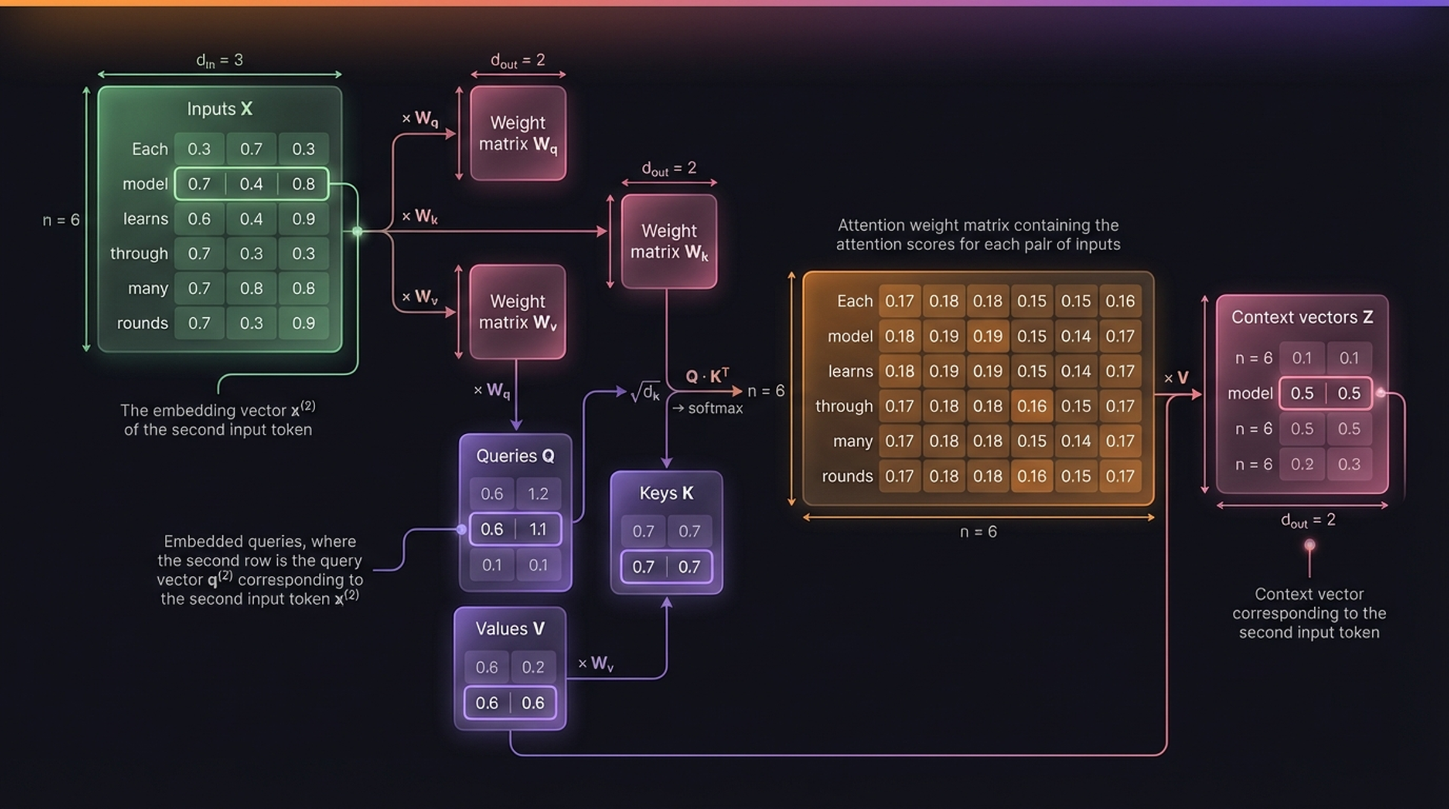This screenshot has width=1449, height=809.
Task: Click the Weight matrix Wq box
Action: [x=518, y=133]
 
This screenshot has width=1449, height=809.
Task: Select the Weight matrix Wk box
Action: [x=669, y=241]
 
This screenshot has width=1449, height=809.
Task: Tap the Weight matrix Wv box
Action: [x=517, y=312]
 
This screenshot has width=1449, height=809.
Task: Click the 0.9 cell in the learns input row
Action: [x=303, y=219]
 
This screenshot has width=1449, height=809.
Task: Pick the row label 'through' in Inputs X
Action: [x=139, y=254]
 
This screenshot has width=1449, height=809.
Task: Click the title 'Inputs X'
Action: [x=219, y=109]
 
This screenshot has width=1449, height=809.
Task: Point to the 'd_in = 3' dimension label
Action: [x=219, y=60]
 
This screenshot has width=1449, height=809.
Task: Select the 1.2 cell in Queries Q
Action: [x=537, y=494]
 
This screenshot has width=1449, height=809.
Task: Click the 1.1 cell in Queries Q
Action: [x=537, y=529]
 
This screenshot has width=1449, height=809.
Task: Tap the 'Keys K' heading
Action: [x=666, y=493]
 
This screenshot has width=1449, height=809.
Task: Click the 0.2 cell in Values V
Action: [x=533, y=667]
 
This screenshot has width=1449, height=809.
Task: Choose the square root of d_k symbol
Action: [x=645, y=393]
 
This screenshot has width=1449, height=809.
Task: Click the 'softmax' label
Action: [x=715, y=408]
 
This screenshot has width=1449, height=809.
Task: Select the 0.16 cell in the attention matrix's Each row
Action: [x=1120, y=301]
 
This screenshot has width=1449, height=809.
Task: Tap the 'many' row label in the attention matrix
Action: [x=852, y=441]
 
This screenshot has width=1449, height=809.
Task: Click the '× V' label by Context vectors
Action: [x=1176, y=378]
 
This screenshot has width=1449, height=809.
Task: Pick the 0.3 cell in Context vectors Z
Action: [x=1349, y=464]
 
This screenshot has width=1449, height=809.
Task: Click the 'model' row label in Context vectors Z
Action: [x=1250, y=393]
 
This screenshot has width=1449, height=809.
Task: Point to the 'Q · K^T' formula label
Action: [x=707, y=376]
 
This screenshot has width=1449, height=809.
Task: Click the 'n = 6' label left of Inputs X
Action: [x=61, y=220]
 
